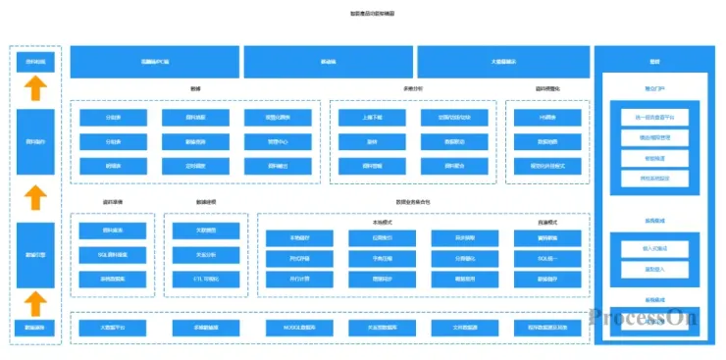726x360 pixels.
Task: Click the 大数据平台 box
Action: click(x=111, y=327)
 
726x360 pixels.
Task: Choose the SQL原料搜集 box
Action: click(x=111, y=255)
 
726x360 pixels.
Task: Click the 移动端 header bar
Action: click(x=328, y=61)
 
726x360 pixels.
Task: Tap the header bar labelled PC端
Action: click(x=154, y=61)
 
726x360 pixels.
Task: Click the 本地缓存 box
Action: click(x=298, y=238)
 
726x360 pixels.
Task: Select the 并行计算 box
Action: click(x=298, y=280)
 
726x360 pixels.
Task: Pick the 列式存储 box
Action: click(x=298, y=259)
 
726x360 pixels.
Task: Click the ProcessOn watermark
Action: click(x=643, y=317)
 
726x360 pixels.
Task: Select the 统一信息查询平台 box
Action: click(x=654, y=118)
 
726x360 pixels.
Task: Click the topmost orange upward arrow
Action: click(x=35, y=89)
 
